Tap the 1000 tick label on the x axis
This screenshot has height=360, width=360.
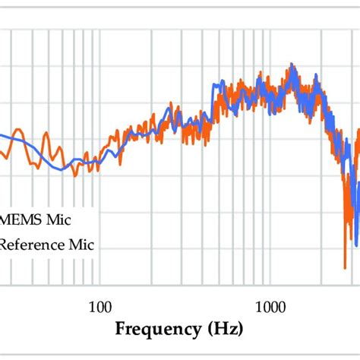coord(270,308)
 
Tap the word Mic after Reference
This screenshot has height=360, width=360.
coord(85,245)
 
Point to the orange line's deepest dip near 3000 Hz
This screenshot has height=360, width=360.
coord(344,264)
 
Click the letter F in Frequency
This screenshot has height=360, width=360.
coord(122,330)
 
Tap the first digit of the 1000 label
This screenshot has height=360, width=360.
coord(256,308)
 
